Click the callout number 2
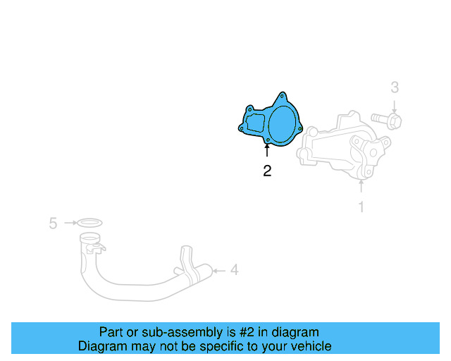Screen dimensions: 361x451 (267, 171)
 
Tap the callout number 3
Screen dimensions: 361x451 (395, 87)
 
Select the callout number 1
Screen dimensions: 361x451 (362, 207)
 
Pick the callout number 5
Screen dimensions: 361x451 (53, 224)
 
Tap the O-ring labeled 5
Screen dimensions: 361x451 (89, 223)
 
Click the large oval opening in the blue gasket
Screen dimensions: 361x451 (284, 123)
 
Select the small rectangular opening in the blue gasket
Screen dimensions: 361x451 (254, 123)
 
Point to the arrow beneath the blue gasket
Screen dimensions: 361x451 (267, 152)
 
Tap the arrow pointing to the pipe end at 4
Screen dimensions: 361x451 (218, 269)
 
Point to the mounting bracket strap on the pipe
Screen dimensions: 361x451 (187, 261)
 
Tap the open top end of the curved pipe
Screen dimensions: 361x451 (91, 246)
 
